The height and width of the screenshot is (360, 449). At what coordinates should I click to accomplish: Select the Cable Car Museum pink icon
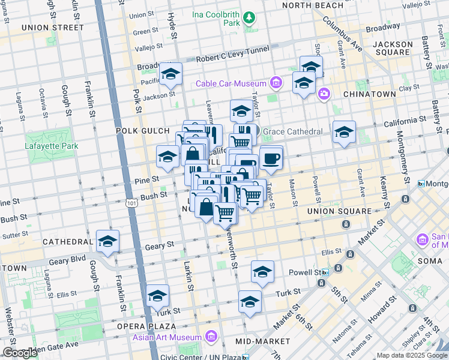point(276,82)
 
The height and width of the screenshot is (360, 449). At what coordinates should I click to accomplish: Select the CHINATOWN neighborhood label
point(369,94)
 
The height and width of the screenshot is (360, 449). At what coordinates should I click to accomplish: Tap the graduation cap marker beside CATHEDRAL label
point(108,242)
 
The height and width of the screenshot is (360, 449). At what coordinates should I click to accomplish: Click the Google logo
point(20,353)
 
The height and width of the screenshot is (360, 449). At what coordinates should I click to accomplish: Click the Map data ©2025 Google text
point(412,355)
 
